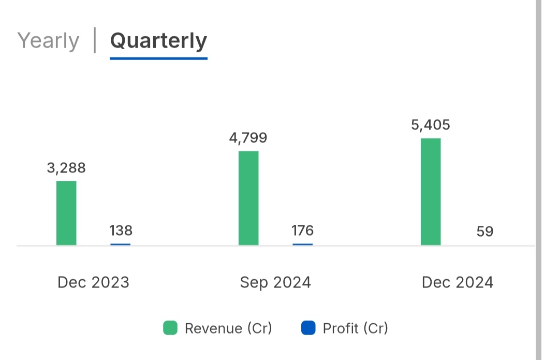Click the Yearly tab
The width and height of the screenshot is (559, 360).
click(x=48, y=41)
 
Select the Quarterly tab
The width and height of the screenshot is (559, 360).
click(x=158, y=41)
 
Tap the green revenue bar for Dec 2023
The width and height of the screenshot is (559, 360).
click(x=66, y=213)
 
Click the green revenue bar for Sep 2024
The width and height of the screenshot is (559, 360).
click(x=248, y=198)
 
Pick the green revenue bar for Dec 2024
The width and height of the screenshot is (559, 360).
click(x=431, y=192)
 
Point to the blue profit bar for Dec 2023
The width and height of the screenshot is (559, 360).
click(x=121, y=244)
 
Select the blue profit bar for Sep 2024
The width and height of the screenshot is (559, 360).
click(x=303, y=244)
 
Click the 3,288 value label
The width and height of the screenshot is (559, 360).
click(x=66, y=168)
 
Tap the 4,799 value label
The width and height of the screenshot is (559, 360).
click(x=248, y=138)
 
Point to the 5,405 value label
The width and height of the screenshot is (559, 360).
click(x=431, y=125)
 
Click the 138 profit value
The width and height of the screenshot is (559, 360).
click(x=121, y=230)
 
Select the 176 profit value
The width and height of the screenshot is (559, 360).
click(x=303, y=230)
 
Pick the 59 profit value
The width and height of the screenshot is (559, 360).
click(x=485, y=231)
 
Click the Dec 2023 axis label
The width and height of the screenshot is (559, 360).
click(x=93, y=282)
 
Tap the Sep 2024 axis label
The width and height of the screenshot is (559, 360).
click(x=275, y=282)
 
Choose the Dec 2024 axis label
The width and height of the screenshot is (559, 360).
click(x=458, y=282)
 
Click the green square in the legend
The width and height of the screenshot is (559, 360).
click(x=170, y=328)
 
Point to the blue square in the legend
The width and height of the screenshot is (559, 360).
click(x=308, y=328)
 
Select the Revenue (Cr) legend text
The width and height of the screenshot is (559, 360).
click(x=228, y=328)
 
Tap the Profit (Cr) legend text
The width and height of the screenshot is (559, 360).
click(x=355, y=328)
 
